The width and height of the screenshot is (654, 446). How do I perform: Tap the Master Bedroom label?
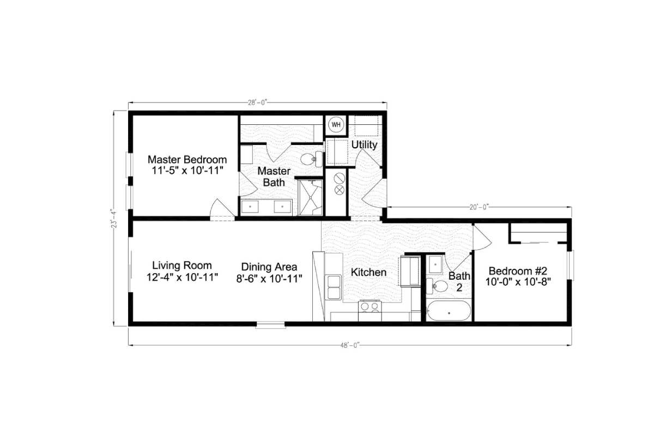187,160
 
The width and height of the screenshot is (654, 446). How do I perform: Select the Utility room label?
364,145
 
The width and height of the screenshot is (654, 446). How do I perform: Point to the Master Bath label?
274,177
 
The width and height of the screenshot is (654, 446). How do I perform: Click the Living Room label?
181,266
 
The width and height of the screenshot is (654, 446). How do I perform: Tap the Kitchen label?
368,272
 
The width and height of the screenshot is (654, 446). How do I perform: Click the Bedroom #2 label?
521,271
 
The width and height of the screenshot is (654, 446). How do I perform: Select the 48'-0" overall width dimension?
350,345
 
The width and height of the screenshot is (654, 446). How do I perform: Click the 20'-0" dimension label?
479,207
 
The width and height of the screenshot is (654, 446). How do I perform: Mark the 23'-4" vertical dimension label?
113,218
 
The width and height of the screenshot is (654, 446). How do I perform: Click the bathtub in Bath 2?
449,311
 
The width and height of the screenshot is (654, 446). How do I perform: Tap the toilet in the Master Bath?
310,159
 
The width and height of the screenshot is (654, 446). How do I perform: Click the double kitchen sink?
333,287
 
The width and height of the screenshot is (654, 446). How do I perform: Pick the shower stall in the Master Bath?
310,197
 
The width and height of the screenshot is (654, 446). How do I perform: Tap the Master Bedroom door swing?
221,209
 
